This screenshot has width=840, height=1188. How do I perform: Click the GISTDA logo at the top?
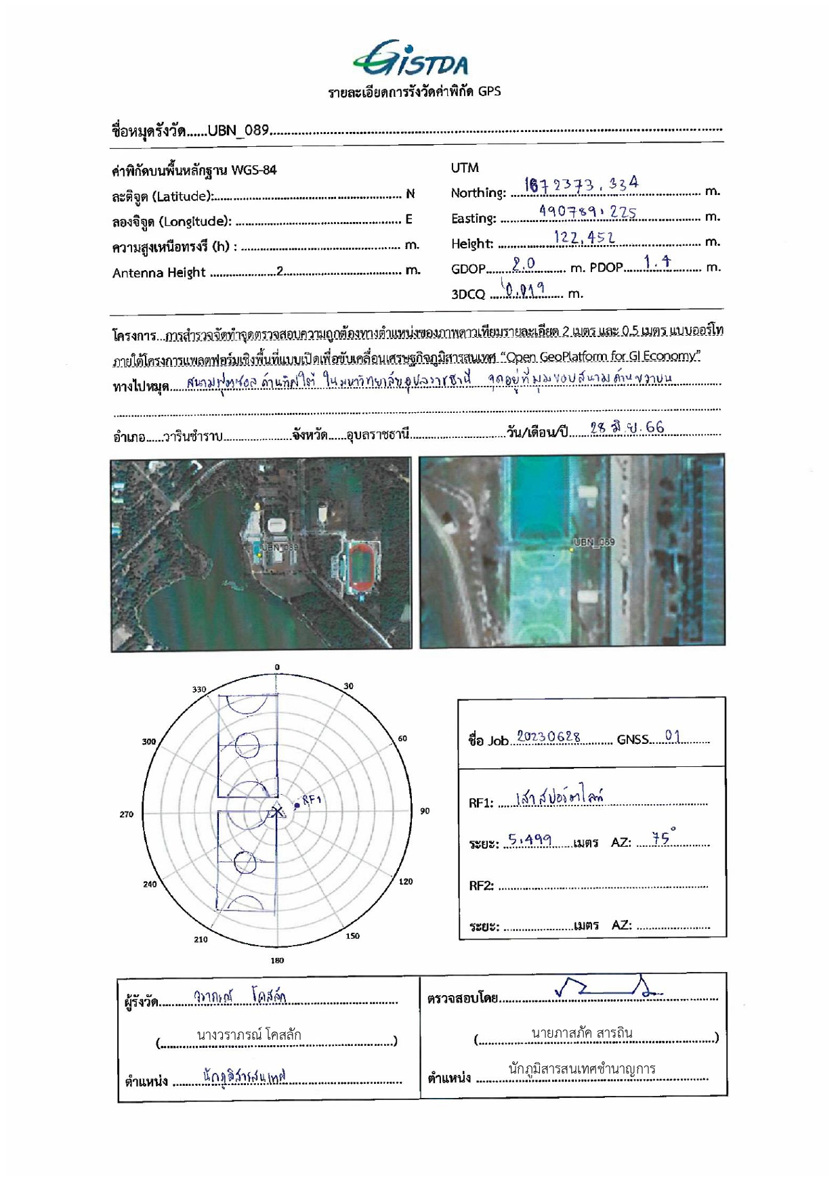tap(411, 59)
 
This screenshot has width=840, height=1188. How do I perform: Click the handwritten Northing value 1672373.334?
tap(581, 184)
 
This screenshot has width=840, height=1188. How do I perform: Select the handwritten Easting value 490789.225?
tap(587, 212)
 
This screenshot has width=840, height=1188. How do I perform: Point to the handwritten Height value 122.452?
tap(584, 237)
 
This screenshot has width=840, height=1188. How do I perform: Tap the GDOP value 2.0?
tap(523, 263)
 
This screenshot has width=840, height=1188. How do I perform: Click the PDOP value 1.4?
tap(657, 263)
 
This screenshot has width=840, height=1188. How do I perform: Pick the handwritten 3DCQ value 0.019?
tap(524, 290)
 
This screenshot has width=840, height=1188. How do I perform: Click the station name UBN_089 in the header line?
tap(238, 130)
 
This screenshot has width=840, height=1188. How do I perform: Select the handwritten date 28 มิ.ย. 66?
tap(627, 428)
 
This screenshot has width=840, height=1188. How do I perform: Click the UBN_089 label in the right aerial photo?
tap(593, 542)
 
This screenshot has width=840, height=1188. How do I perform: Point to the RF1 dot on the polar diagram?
tap(297, 806)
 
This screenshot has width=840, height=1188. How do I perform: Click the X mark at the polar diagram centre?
tap(277, 810)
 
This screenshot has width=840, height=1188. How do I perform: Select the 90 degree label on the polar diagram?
tap(425, 811)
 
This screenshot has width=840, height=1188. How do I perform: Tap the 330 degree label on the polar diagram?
tap(198, 689)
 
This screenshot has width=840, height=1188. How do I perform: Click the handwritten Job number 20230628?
tap(548, 736)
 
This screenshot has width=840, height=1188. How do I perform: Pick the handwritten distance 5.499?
tap(530, 840)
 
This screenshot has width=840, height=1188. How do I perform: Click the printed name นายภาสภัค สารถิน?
tap(581, 1033)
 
